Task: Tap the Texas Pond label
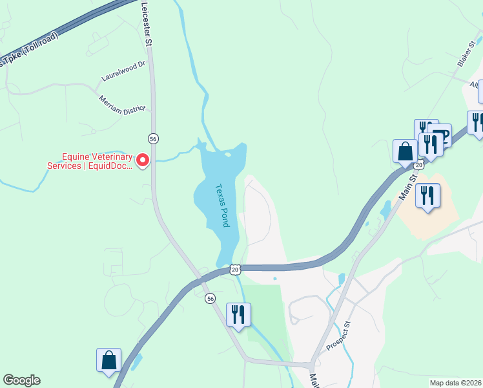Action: pyautogui.click(x=222, y=204)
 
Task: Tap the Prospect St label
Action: pyautogui.click(x=338, y=336)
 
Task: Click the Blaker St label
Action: pyautogui.click(x=466, y=52)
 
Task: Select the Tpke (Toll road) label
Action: pyautogui.click(x=29, y=49)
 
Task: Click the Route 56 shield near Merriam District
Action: pyautogui.click(x=153, y=138)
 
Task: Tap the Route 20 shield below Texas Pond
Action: pyautogui.click(x=234, y=269)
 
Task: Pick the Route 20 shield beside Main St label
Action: pyautogui.click(x=419, y=166)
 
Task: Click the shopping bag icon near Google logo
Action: pyautogui.click(x=109, y=360)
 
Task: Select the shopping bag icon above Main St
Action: pyautogui.click(x=405, y=151)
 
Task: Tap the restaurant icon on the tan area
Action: pyautogui.click(x=427, y=195)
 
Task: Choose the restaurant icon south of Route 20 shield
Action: pyautogui.click(x=238, y=314)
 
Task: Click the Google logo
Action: pyautogui.click(x=21, y=380)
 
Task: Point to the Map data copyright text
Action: pyautogui.click(x=456, y=383)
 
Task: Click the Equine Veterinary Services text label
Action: pyautogui.click(x=90, y=161)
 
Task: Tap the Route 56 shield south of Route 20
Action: pyautogui.click(x=211, y=298)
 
